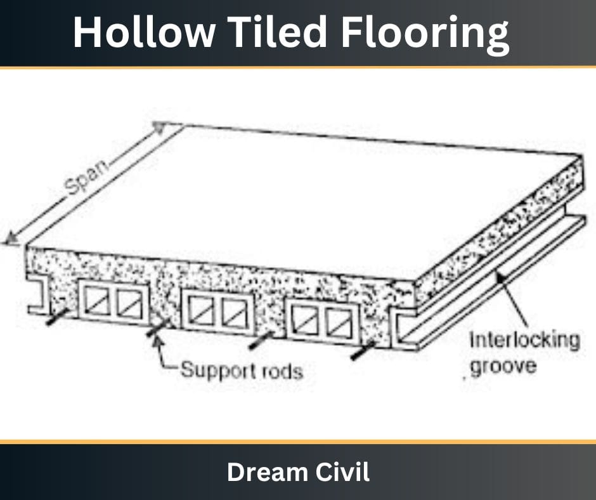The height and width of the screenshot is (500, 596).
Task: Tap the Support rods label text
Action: pos(242,370)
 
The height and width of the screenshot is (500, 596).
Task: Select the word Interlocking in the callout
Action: pos(524,340)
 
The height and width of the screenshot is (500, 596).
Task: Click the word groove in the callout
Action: pos(504,366)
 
